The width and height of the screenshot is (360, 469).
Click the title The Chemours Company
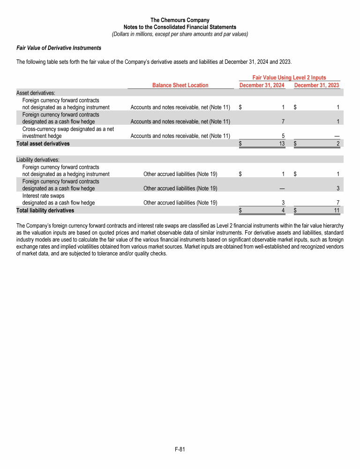(180, 20)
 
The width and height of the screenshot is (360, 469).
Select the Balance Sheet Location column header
(180, 85)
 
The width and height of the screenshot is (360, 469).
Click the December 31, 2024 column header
(262, 85)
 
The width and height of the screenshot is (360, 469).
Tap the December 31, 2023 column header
(316, 85)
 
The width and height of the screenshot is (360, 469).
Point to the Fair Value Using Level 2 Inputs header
(289, 77)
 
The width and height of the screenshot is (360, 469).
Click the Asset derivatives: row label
(36, 93)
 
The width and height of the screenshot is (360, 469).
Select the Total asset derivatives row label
(43, 144)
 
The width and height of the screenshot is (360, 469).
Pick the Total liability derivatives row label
(45, 211)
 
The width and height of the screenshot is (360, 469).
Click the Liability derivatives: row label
(37, 160)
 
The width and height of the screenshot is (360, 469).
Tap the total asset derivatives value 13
(282, 144)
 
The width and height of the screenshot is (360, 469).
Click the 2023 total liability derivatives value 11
(336, 211)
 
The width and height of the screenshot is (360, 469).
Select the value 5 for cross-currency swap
(283, 136)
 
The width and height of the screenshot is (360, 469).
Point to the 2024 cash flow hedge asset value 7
(283, 121)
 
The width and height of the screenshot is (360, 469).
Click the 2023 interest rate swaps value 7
(337, 203)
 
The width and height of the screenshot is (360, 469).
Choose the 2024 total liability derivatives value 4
(283, 211)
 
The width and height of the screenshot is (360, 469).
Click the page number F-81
(180, 449)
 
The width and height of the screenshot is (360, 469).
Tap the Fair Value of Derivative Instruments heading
(59, 48)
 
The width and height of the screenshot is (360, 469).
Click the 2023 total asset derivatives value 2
(337, 144)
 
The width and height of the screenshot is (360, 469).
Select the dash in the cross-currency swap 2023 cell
(337, 136)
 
